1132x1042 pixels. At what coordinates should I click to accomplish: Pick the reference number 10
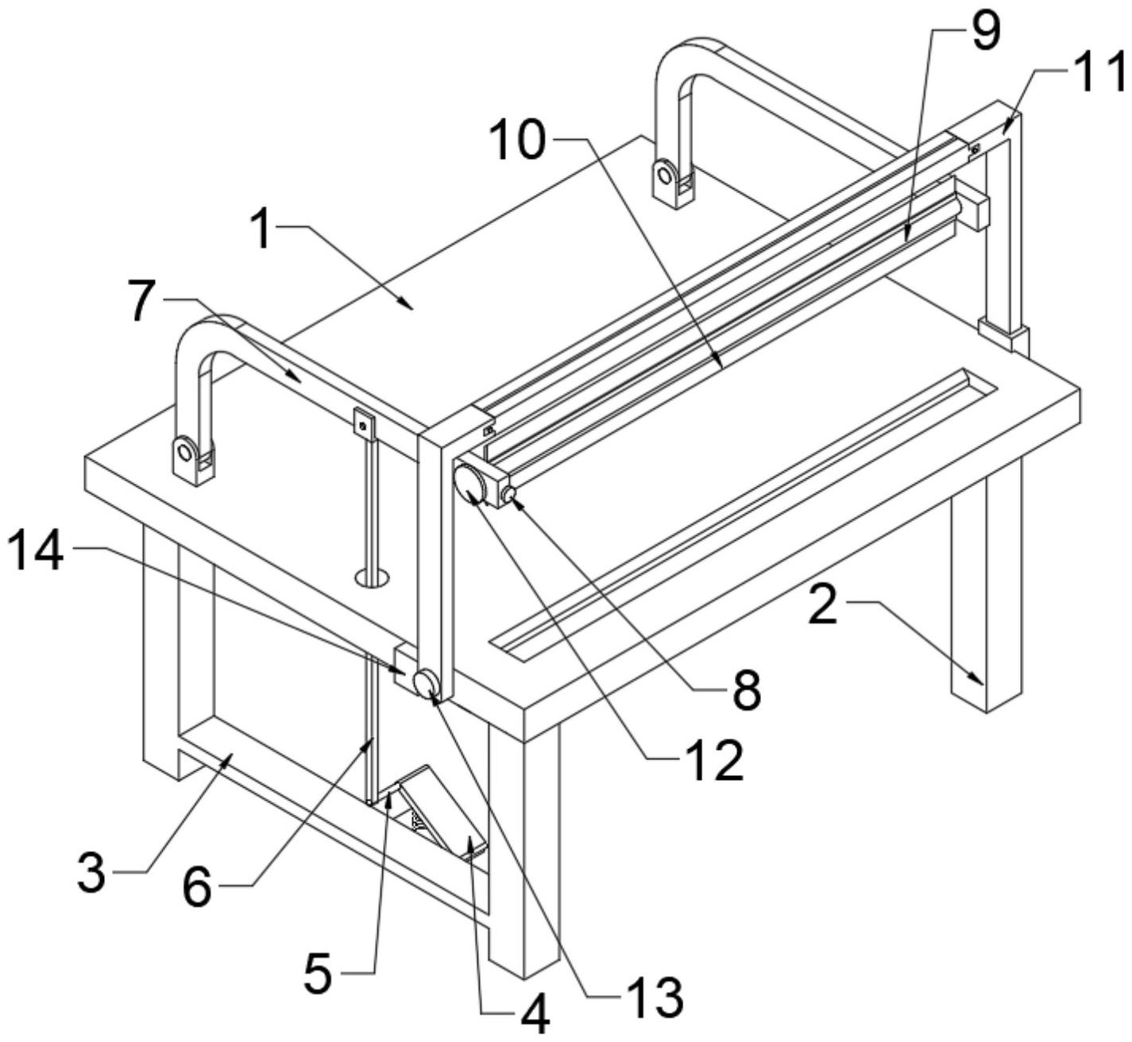(517, 141)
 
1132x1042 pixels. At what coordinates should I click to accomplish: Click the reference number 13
(654, 997)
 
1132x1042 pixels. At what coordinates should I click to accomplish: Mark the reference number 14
(37, 552)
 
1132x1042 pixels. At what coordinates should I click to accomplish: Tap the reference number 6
(197, 887)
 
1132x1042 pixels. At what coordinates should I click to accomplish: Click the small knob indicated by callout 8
(509, 497)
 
